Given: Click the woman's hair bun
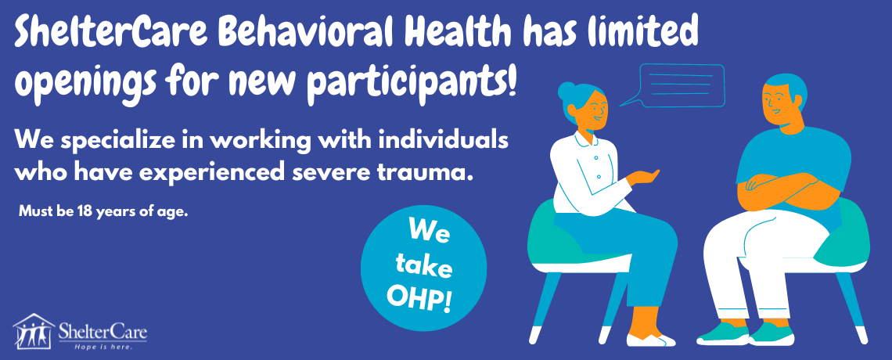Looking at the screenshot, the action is [x=566, y=91].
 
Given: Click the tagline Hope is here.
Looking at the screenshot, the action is [x=103, y=346].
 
